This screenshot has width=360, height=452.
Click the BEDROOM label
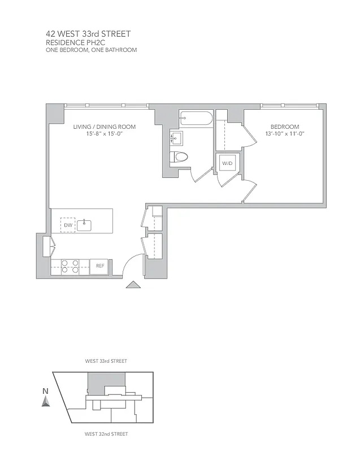click(x=284, y=127)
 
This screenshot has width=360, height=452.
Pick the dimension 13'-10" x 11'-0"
click(x=284, y=134)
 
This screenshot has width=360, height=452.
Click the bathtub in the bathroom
click(x=196, y=118)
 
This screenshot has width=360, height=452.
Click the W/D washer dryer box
click(x=227, y=163)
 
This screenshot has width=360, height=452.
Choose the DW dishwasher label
click(x=68, y=225)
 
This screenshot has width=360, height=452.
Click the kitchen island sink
click(x=84, y=225)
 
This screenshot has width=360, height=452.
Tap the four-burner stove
click(x=70, y=266)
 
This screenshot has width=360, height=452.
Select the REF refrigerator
click(x=99, y=266)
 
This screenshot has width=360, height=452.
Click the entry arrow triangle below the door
click(x=132, y=285)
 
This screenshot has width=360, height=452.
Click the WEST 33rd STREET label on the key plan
click(x=106, y=360)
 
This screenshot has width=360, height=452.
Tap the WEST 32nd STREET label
click(x=106, y=434)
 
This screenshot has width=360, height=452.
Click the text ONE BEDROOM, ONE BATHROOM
click(x=91, y=50)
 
